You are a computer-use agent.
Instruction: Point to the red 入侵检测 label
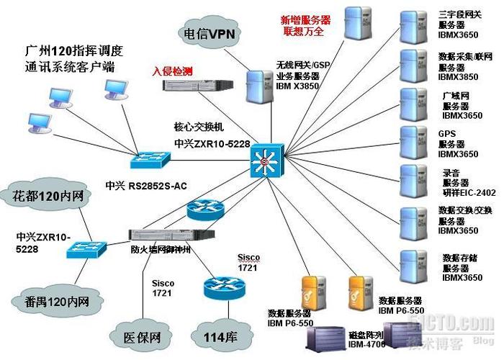click(172, 71)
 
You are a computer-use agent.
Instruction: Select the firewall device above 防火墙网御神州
click(171, 233)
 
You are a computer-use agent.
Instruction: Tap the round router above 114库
click(218, 288)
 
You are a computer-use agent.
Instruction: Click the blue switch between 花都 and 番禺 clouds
click(85, 250)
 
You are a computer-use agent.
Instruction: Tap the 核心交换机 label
click(194, 127)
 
